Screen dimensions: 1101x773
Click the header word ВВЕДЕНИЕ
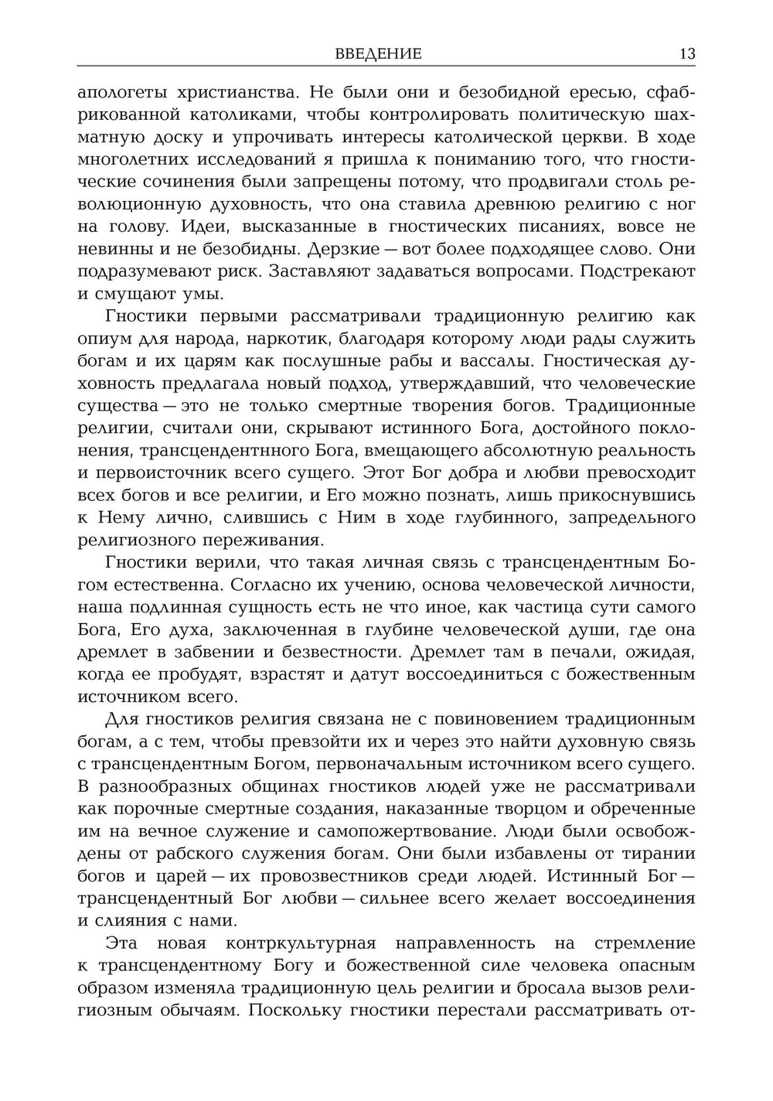coord(379,53)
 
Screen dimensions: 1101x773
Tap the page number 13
coord(686,53)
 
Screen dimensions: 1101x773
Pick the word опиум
coord(104,339)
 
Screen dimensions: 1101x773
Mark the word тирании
coord(661,854)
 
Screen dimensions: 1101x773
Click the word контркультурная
coord(301,943)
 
